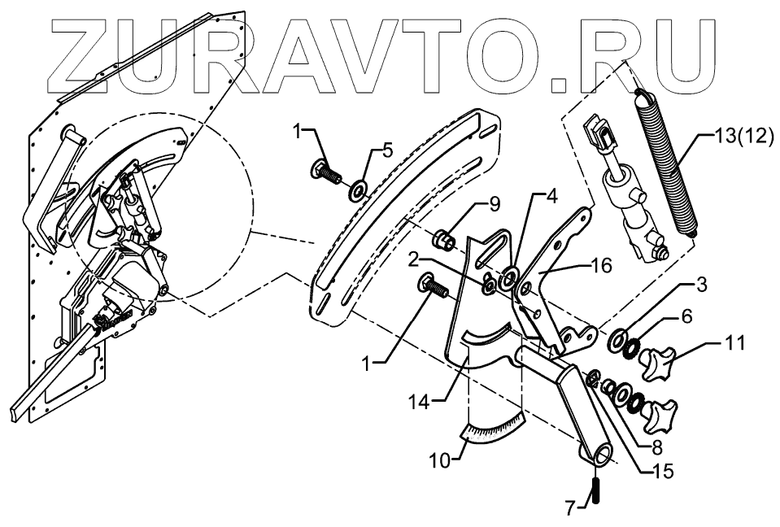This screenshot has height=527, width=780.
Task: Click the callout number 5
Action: click(x=388, y=150)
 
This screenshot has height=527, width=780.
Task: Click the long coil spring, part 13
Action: click(x=669, y=163)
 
